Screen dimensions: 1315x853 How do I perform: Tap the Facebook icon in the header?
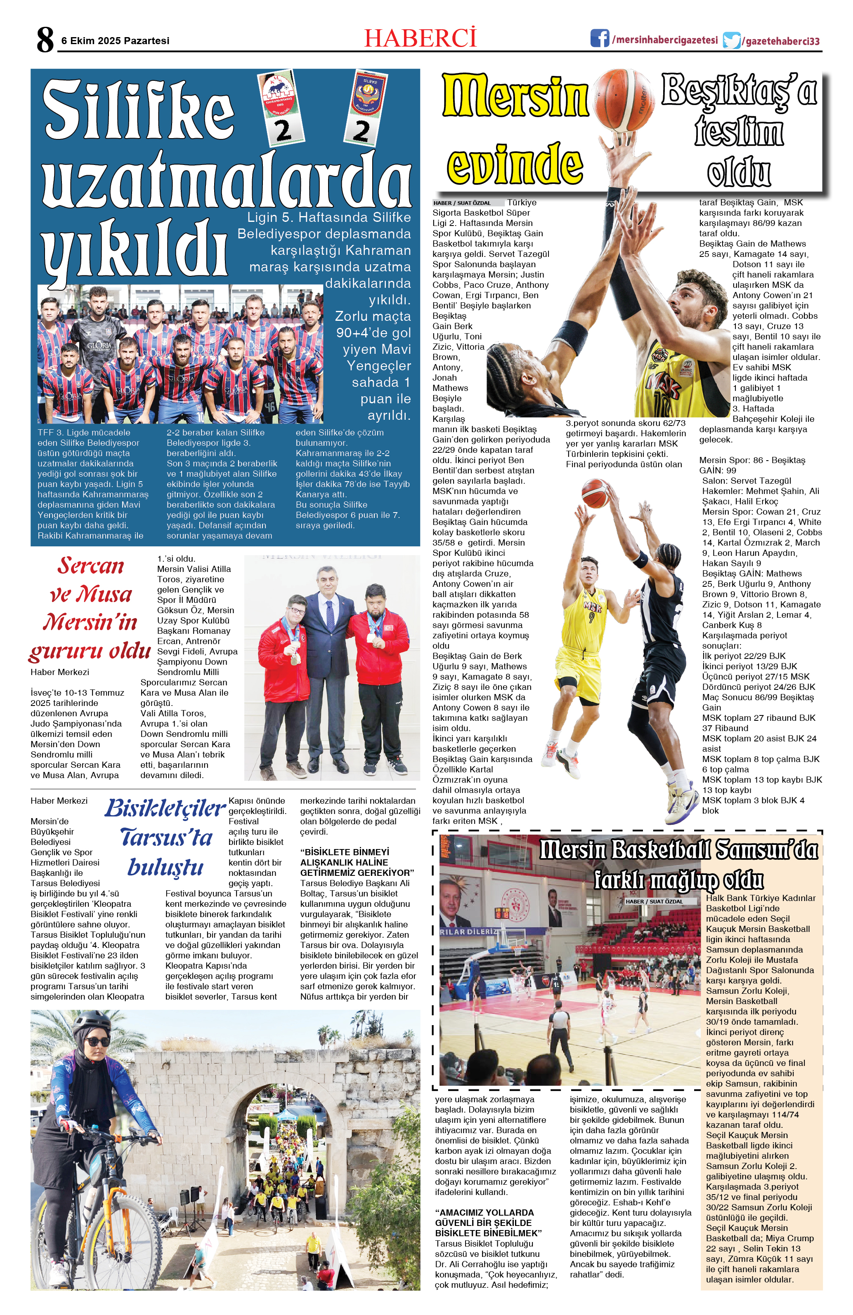599,39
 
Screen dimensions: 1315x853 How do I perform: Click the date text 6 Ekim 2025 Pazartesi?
115,41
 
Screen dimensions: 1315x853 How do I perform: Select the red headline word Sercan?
91,565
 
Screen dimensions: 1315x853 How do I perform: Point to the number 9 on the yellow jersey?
591,617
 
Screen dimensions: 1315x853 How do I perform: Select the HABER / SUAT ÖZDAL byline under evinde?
462,203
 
